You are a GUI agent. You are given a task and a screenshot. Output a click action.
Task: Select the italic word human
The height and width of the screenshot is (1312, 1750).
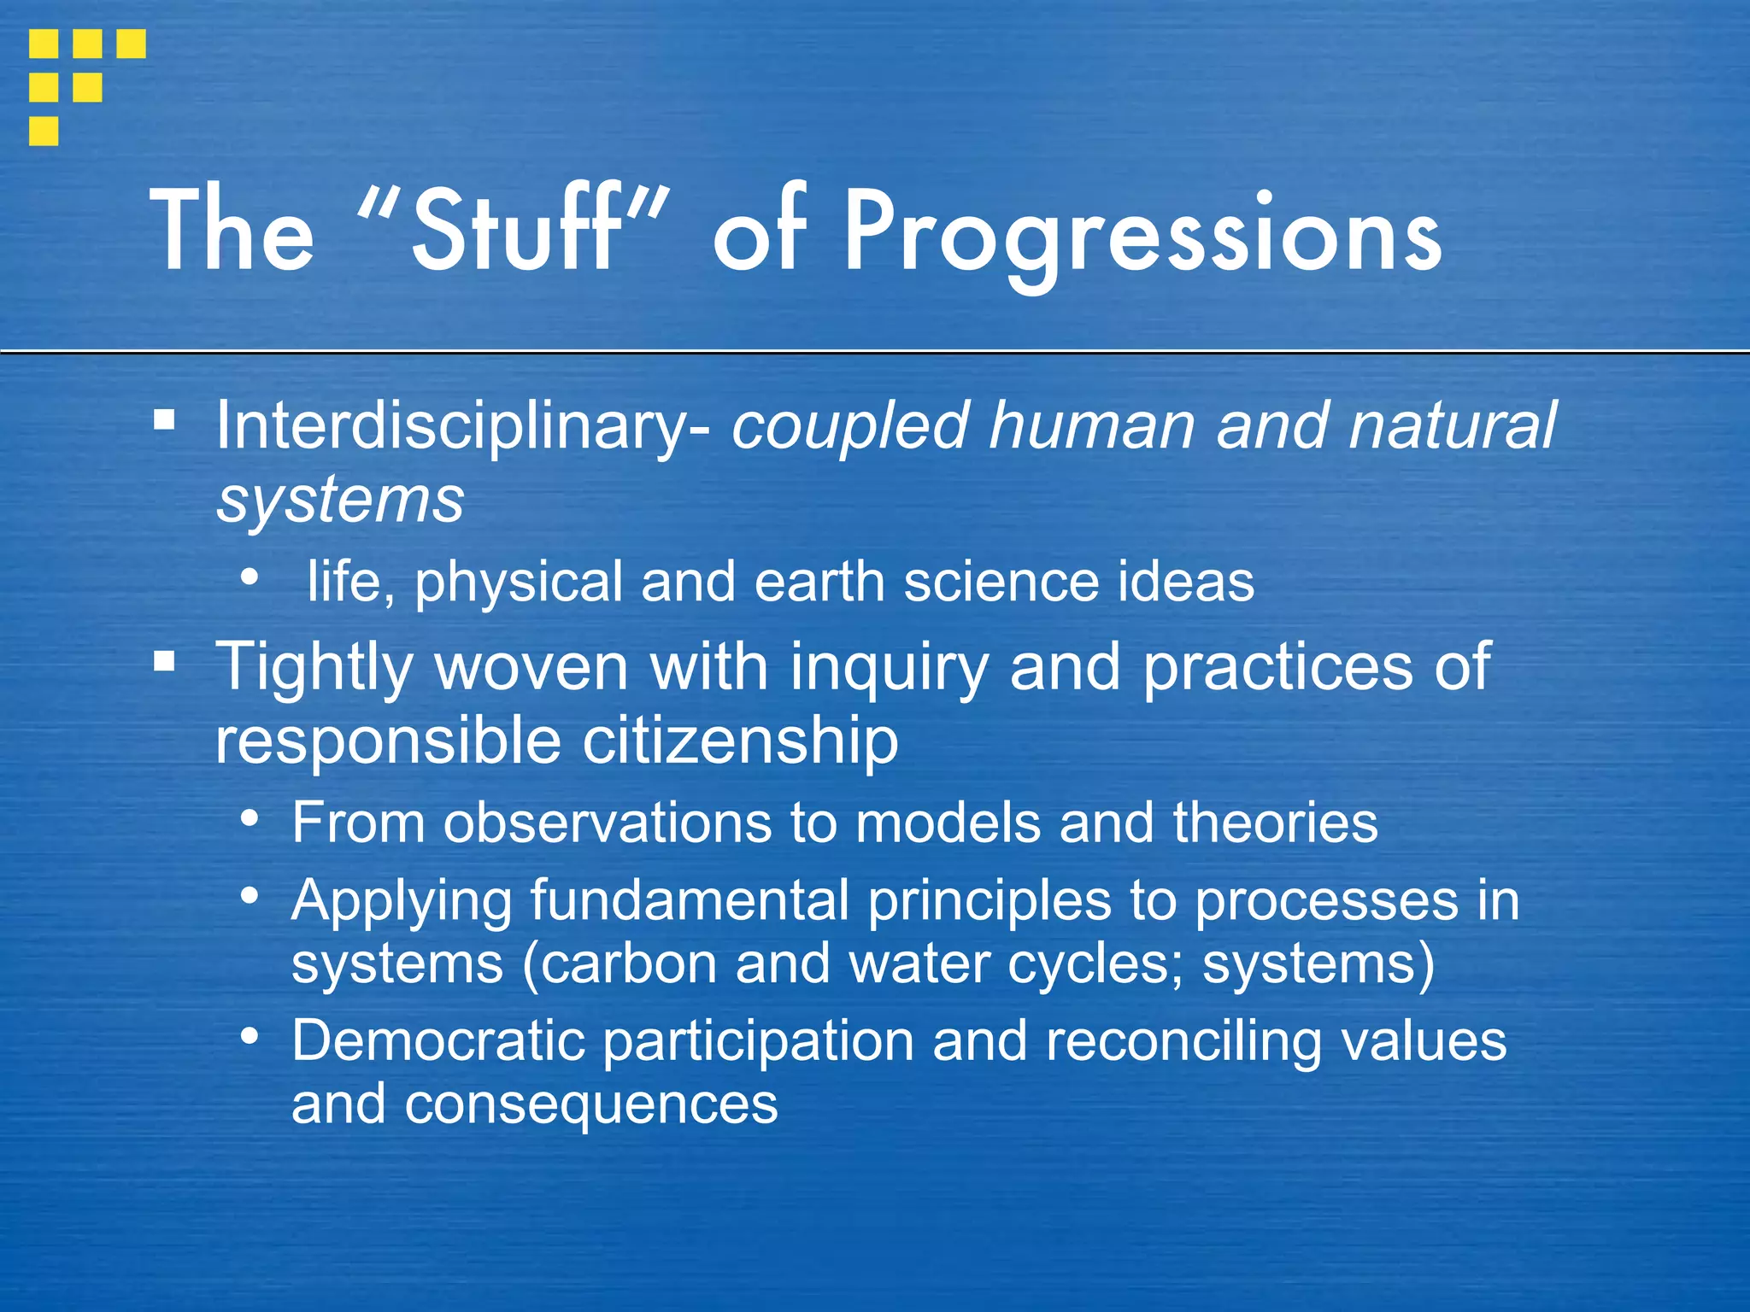click(1092, 425)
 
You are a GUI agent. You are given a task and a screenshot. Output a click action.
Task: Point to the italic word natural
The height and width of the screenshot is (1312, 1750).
click(1452, 425)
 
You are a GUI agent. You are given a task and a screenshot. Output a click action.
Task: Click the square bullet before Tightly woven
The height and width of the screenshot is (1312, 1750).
click(165, 661)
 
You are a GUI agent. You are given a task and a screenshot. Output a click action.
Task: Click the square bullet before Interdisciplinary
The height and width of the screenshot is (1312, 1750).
click(165, 419)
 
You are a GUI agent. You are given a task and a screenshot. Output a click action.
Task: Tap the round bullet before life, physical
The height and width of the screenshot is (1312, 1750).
click(250, 577)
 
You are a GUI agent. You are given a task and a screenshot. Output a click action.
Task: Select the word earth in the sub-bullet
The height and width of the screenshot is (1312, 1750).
click(819, 582)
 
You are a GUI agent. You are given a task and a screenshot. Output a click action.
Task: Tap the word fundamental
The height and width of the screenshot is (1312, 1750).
click(689, 900)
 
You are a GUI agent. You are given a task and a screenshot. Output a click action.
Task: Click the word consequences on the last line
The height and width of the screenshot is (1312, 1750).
click(591, 1104)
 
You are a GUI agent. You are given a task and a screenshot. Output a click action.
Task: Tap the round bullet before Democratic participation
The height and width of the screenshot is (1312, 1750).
click(250, 1036)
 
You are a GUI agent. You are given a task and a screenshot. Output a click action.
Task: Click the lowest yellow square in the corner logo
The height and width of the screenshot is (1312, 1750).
click(44, 131)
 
